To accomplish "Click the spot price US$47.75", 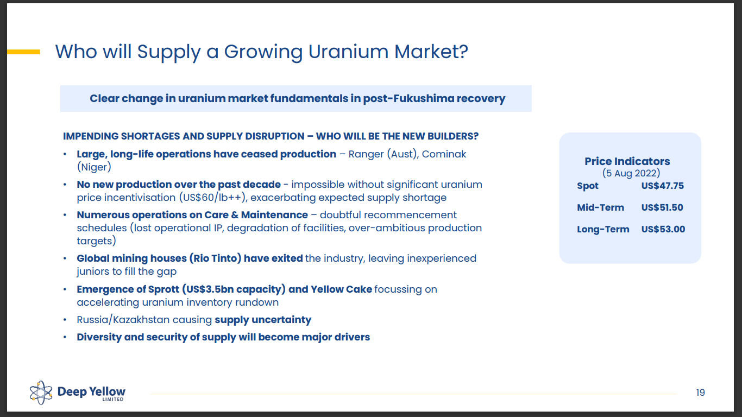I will tap(662, 186).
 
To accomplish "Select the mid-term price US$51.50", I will tap(662, 207).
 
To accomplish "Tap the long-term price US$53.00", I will tap(663, 229).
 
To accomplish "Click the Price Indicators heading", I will tap(627, 161).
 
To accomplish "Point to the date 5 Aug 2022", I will tap(631, 173).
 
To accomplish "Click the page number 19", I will tap(700, 393).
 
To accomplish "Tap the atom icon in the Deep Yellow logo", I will tap(41, 393).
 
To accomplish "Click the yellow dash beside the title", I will tap(23, 52).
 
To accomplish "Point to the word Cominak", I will tap(444, 154).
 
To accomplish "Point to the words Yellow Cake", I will tap(341, 289).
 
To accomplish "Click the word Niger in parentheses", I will tap(94, 167).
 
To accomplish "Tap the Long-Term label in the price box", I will tap(603, 229).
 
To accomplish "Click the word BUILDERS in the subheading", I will tap(452, 136).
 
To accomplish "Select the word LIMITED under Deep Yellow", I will tap(112, 400).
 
